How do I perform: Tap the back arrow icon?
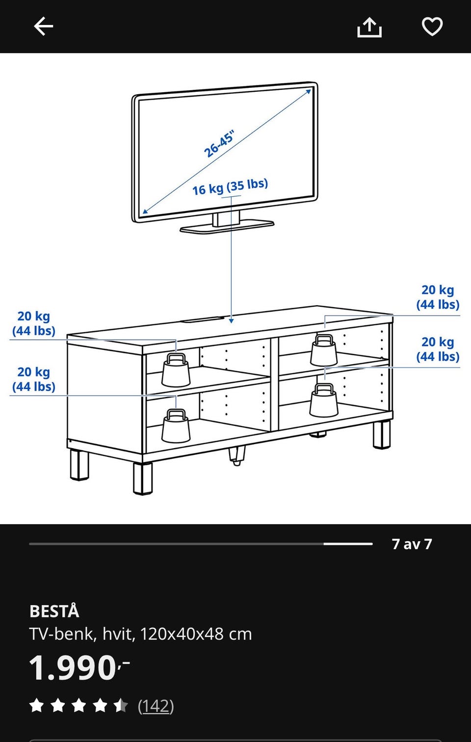tap(43, 26)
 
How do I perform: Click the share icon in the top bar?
tap(369, 27)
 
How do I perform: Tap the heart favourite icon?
tap(432, 26)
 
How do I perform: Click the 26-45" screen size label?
tap(219, 144)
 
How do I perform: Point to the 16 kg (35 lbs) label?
tap(230, 187)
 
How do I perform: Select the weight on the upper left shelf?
tap(176, 370)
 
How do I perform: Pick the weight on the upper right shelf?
tap(324, 350)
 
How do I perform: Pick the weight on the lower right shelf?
tap(324, 400)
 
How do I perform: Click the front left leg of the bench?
tap(143, 478)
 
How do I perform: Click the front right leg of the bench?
tap(382, 434)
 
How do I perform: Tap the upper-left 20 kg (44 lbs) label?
tap(34, 323)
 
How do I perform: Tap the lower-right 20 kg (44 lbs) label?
tap(438, 349)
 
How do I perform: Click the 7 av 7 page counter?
tap(412, 544)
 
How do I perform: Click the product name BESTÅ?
tap(54, 611)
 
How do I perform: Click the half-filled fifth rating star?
tap(121, 705)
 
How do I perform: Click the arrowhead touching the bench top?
tap(231, 320)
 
